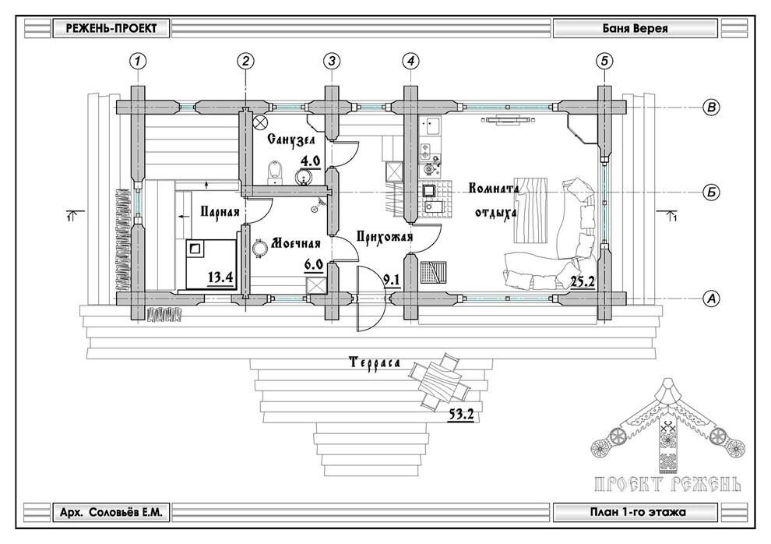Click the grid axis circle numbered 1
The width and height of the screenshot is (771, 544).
click(x=138, y=60)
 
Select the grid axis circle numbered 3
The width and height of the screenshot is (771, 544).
click(x=332, y=60)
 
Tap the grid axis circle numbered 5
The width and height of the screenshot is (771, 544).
click(x=603, y=60)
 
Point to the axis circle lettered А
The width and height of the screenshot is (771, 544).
click(x=709, y=297)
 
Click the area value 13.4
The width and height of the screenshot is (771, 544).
click(x=221, y=277)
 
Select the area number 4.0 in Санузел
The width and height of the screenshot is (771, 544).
click(x=311, y=162)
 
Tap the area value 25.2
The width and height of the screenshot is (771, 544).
click(x=583, y=281)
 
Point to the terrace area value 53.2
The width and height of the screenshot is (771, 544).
click(x=462, y=415)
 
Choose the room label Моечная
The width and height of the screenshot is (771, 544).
click(x=296, y=243)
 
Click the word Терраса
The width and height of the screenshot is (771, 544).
click(x=374, y=363)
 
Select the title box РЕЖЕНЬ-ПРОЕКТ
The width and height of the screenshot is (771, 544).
click(x=107, y=29)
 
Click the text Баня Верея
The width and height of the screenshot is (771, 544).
click(x=635, y=29)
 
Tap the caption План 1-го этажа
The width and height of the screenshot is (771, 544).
click(x=635, y=513)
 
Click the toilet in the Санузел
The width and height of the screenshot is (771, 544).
click(x=275, y=172)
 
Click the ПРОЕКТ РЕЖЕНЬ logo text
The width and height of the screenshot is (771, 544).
click(x=667, y=484)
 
